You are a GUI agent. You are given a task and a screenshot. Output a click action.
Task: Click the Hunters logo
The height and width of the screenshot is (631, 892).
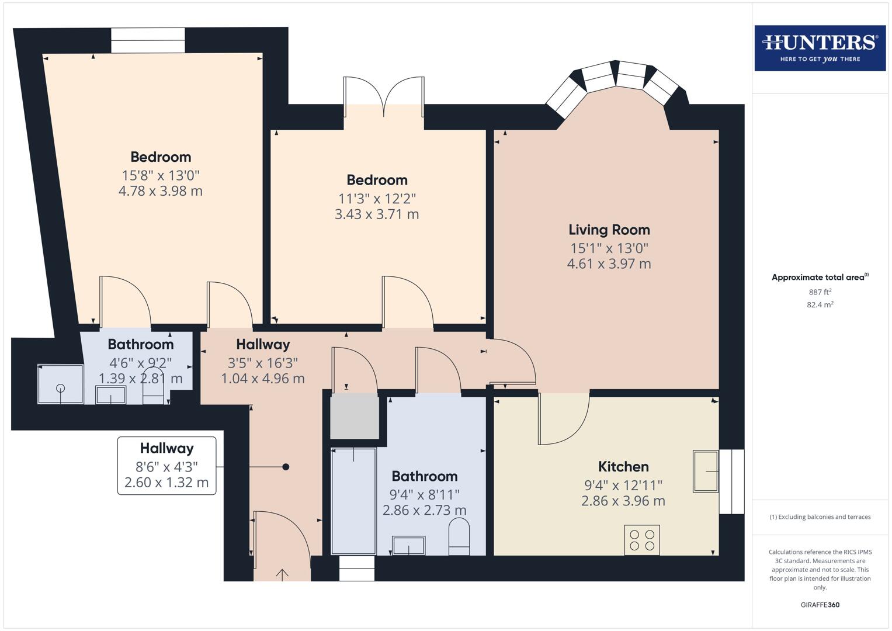[820, 48]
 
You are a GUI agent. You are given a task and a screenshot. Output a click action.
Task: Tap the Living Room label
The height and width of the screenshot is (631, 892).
[609, 230]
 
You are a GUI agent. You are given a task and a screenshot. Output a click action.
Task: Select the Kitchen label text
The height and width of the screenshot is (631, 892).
[623, 467]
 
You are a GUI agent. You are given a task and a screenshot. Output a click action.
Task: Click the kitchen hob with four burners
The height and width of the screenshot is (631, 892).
[642, 540]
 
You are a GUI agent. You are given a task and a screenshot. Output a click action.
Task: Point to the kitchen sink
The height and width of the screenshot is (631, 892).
[706, 471]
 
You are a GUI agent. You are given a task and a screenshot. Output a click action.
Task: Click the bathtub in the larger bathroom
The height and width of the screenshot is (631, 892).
[353, 501]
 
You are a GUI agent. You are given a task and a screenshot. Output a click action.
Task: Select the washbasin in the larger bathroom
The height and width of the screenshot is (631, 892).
[408, 546]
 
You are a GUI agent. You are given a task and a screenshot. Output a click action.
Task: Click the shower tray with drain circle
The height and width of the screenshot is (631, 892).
[61, 384]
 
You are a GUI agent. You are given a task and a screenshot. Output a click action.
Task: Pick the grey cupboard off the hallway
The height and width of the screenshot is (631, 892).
[355, 416]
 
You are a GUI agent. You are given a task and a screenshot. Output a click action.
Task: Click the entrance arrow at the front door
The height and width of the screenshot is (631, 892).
[282, 575]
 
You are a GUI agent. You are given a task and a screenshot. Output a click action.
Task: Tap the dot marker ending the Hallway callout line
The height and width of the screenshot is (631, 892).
[286, 467]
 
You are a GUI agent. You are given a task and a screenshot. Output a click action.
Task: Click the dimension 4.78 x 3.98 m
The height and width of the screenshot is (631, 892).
[161, 191]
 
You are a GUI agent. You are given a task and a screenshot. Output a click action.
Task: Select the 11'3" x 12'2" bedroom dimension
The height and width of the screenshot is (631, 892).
[377, 199]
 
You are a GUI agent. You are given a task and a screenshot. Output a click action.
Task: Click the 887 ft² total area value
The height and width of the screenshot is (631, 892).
[820, 292]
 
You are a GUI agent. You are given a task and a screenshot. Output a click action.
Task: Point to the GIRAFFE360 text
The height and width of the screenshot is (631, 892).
[820, 605]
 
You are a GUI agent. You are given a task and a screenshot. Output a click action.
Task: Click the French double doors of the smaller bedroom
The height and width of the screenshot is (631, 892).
[384, 96]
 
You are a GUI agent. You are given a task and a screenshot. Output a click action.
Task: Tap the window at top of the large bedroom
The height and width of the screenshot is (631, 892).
[148, 40]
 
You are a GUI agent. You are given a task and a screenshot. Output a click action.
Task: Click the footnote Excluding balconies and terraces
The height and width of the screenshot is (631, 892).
[820, 517]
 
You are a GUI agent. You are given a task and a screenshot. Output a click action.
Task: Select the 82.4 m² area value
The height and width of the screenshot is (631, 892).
[820, 304]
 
